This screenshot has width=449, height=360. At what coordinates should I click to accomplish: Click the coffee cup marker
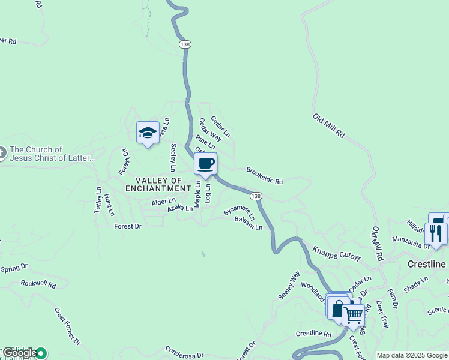205,164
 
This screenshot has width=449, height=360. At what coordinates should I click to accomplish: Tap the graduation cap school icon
147,133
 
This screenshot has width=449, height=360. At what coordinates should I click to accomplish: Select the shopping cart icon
354,314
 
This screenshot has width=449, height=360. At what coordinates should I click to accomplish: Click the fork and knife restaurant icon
435,233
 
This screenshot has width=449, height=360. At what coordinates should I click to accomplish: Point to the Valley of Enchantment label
158,184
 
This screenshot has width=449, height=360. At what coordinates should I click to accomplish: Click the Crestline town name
427,264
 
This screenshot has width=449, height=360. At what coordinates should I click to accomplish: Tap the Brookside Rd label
264,176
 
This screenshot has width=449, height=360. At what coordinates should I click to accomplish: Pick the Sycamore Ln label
240,212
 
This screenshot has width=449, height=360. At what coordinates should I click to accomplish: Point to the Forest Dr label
127,226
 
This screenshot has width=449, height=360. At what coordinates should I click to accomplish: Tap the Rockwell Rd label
38,283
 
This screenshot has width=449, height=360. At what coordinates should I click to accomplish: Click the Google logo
20,353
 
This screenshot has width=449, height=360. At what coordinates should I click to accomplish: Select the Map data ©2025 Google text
411,355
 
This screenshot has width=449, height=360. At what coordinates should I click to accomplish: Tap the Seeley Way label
288,285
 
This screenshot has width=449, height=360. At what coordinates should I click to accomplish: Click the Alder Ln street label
163,202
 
